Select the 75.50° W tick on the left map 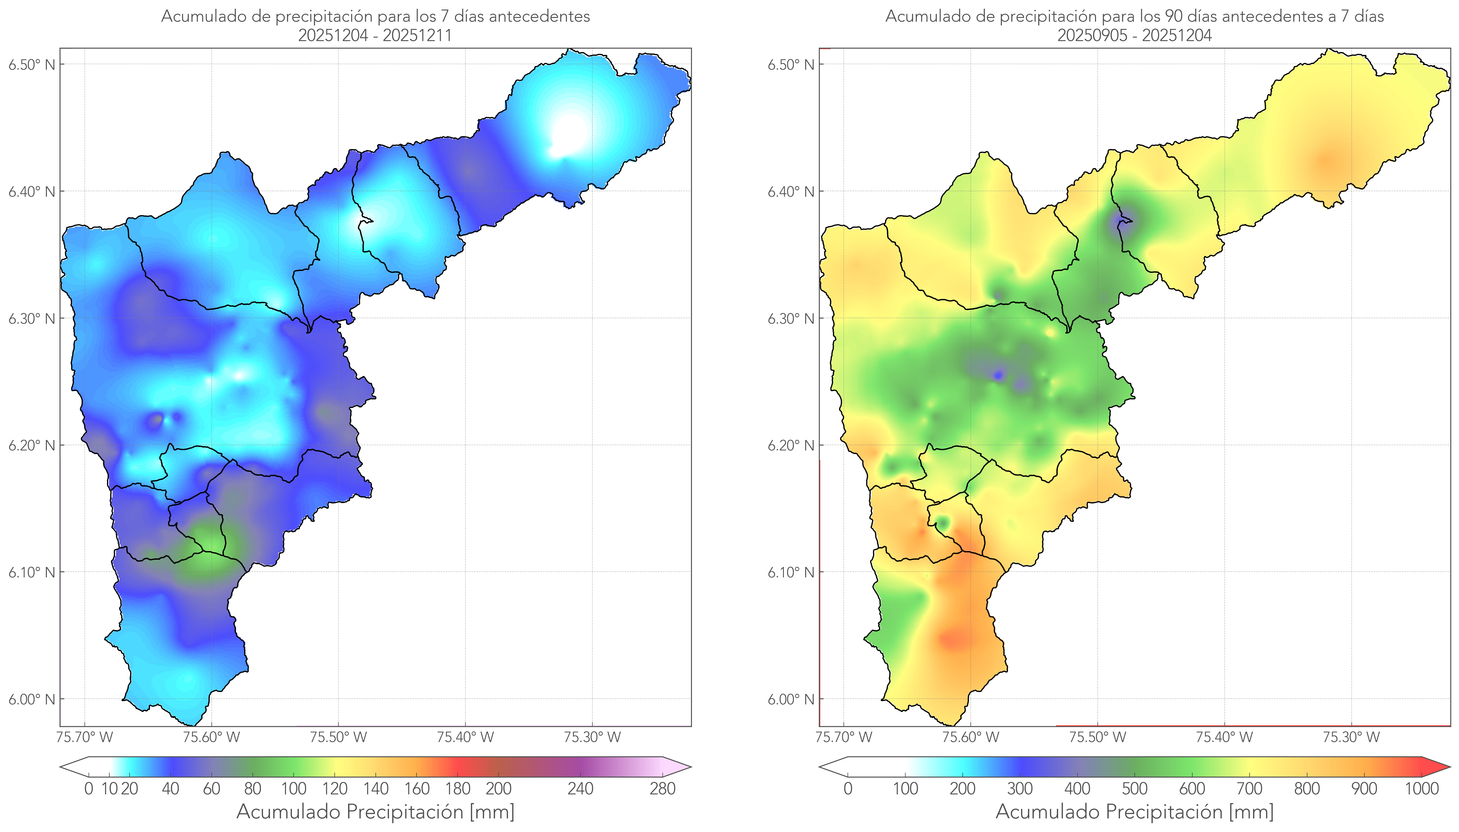[338, 737]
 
